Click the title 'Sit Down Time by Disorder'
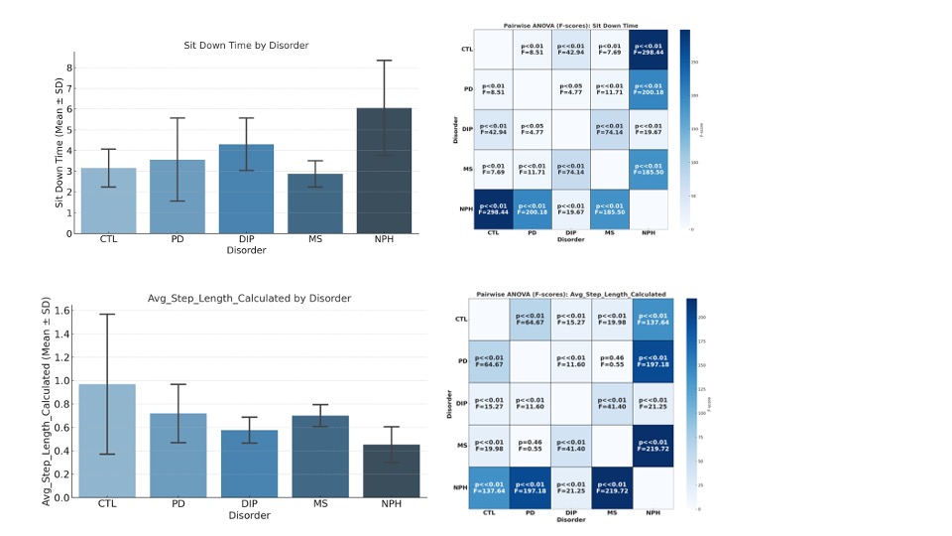[x=246, y=45]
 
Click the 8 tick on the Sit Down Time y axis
[x=70, y=67]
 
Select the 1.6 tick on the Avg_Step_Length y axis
[x=63, y=310]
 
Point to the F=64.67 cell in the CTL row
[x=531, y=319]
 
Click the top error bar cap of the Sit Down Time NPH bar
[x=386, y=61]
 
